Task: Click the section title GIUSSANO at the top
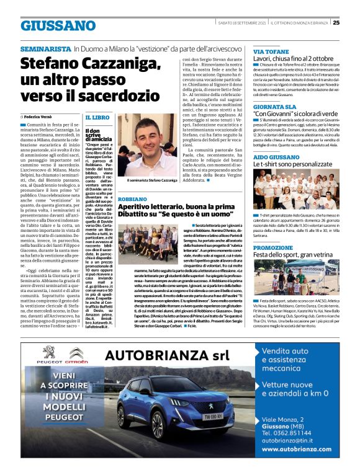click(58, 25)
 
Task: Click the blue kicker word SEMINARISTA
click(45, 48)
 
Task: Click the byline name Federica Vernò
click(44, 117)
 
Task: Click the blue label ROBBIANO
click(133, 198)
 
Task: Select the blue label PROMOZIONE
click(273, 247)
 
